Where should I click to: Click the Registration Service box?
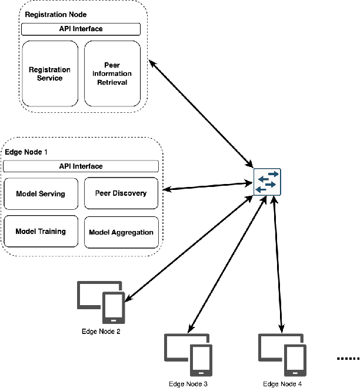coord(50,73)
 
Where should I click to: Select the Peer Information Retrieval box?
coord(112,73)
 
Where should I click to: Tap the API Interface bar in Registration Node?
coord(81,29)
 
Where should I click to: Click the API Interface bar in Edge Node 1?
coord(81,166)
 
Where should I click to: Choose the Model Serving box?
coord(41,193)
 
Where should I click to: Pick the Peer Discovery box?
coord(121,193)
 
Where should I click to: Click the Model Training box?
coord(41,231)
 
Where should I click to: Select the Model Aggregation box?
coord(121,232)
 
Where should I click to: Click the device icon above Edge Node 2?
coord(101,302)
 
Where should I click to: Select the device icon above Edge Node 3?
coord(188,354)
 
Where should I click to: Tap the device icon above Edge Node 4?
coord(282,354)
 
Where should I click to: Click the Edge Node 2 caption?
coord(101,332)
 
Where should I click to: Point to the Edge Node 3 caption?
coord(188,383)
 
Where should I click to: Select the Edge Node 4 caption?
coord(282,383)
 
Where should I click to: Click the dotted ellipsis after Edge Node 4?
coord(348,359)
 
